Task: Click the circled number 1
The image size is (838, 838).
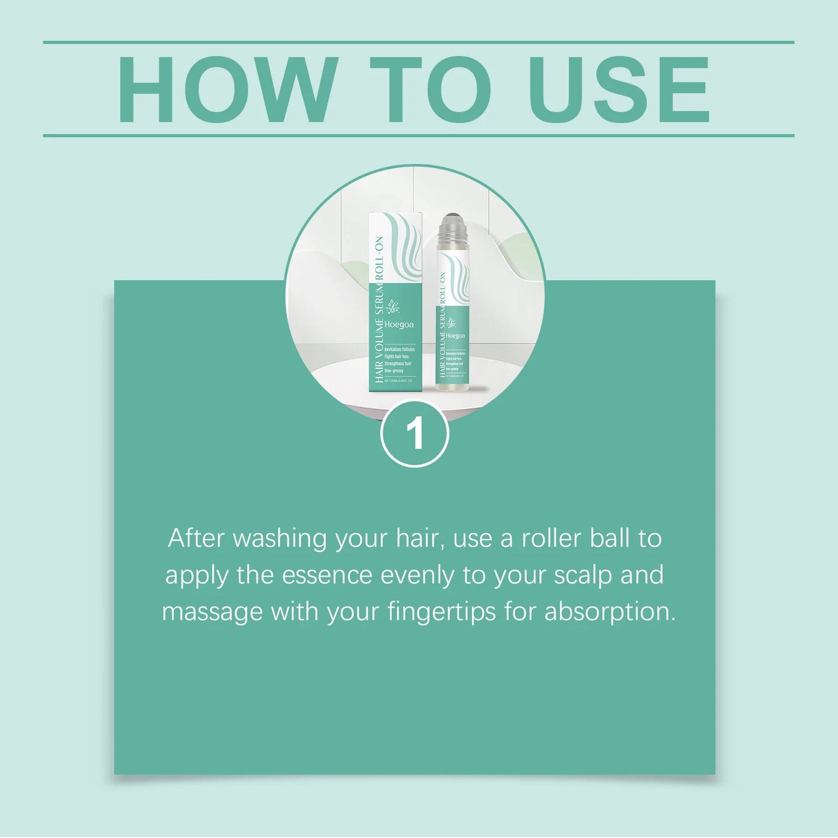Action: (x=415, y=433)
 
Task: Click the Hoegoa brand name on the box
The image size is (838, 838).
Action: (x=399, y=325)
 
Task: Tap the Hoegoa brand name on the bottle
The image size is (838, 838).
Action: (x=455, y=336)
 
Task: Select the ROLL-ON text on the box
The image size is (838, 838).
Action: (x=379, y=259)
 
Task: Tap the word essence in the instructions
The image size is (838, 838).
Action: (x=327, y=575)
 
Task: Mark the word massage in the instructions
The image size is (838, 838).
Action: (x=212, y=612)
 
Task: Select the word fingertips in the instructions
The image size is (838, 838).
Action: (x=442, y=612)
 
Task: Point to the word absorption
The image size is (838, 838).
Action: (x=609, y=612)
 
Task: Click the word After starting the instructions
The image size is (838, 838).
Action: (x=196, y=539)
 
